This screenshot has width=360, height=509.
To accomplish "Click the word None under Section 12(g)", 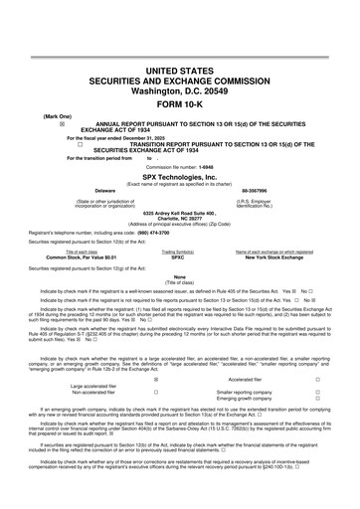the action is (180, 276).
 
